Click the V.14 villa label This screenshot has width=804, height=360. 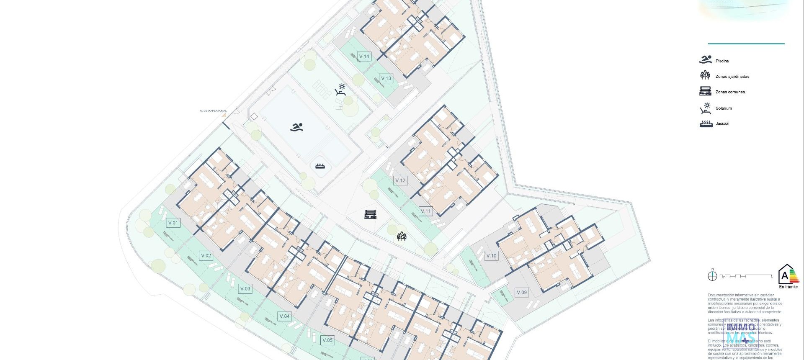(364, 57)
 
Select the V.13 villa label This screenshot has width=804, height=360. (386, 78)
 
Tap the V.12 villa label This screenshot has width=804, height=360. (400, 180)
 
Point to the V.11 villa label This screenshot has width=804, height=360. (425, 211)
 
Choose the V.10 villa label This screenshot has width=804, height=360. (491, 256)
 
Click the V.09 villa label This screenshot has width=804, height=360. (521, 293)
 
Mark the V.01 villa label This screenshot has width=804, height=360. (173, 223)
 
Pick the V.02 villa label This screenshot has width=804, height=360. (206, 255)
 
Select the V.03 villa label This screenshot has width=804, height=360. (245, 288)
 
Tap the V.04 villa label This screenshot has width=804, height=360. (284, 316)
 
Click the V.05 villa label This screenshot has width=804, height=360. (327, 340)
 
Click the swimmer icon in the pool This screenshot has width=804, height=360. (297, 127)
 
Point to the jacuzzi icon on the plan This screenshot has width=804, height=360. (320, 166)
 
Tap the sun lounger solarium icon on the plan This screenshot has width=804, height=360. (341, 90)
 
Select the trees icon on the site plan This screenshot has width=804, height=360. (402, 237)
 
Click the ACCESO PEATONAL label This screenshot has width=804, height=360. (213, 111)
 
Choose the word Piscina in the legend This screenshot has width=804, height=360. (722, 61)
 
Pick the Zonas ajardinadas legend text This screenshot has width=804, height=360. (732, 77)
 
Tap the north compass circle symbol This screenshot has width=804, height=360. (712, 276)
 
